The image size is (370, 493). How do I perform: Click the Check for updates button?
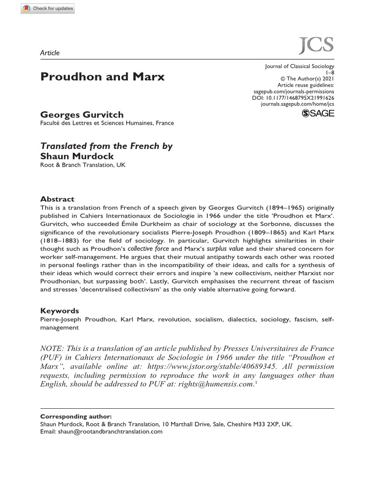coord(49,8)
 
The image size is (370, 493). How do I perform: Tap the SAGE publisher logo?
coord(317,113)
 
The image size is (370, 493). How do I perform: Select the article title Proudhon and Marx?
coord(102,77)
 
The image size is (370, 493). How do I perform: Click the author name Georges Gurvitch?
coord(82,115)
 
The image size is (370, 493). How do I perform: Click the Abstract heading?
coord(57,199)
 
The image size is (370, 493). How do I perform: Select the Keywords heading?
coord(59,311)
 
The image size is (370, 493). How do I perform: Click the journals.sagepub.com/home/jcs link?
coord(297,104)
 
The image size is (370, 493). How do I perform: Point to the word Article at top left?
coord(50,52)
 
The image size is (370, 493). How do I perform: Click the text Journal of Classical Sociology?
coord(300,66)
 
